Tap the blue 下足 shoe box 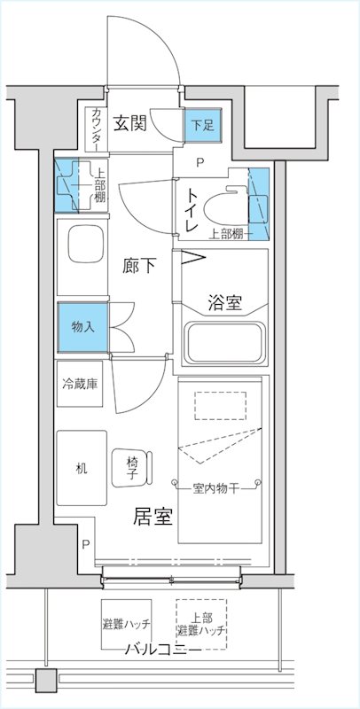pos(203,126)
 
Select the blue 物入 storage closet pos(82,326)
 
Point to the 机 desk pos(82,467)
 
